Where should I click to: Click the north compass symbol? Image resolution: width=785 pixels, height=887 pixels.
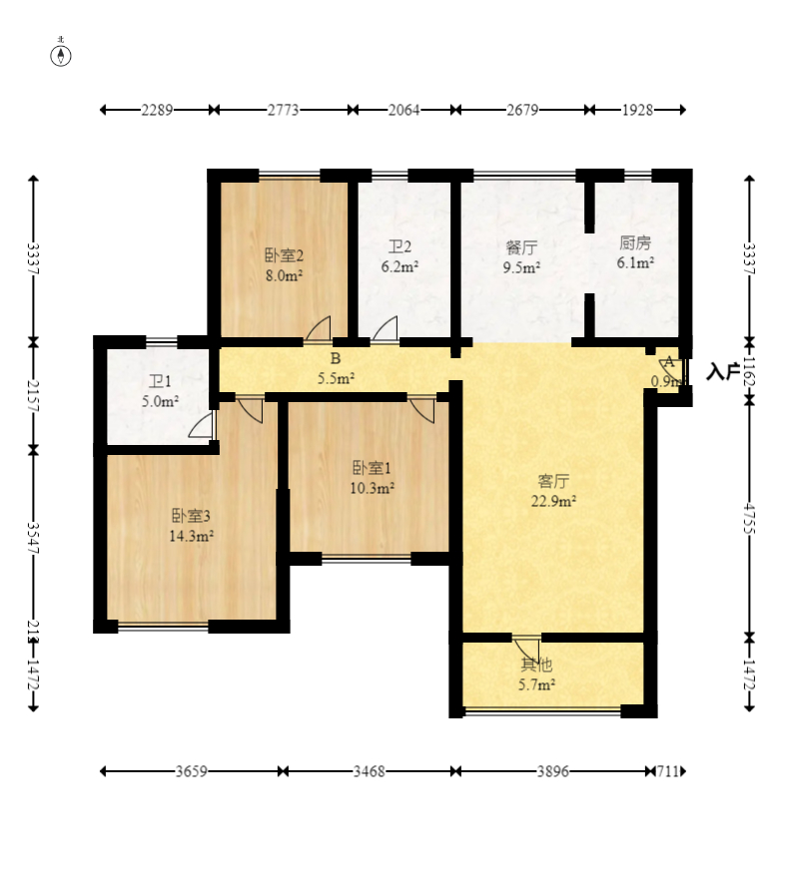61,54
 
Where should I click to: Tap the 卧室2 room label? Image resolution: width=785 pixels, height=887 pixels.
284,254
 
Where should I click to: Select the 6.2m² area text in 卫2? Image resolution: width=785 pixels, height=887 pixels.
399,267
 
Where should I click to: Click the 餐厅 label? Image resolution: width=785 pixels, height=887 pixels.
521,246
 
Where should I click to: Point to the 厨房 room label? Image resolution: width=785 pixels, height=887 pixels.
635,242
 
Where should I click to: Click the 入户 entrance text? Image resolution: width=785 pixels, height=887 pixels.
723,373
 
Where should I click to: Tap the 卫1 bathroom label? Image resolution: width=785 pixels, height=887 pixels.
161,382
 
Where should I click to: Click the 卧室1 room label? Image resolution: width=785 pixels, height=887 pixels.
371,468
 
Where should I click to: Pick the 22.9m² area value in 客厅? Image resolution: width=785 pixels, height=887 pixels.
553,502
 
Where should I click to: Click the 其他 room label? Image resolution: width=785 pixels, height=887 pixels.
535,665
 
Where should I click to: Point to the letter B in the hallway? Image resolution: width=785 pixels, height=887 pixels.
336,358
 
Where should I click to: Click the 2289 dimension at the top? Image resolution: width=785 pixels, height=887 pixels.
157,111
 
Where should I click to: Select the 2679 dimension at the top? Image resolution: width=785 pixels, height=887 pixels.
520,111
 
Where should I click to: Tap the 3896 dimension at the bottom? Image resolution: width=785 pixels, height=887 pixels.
556,771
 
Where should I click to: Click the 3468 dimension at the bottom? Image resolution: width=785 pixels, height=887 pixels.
370,771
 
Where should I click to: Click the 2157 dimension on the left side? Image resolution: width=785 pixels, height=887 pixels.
34,394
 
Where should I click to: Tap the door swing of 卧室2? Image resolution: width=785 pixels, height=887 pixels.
319,330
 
